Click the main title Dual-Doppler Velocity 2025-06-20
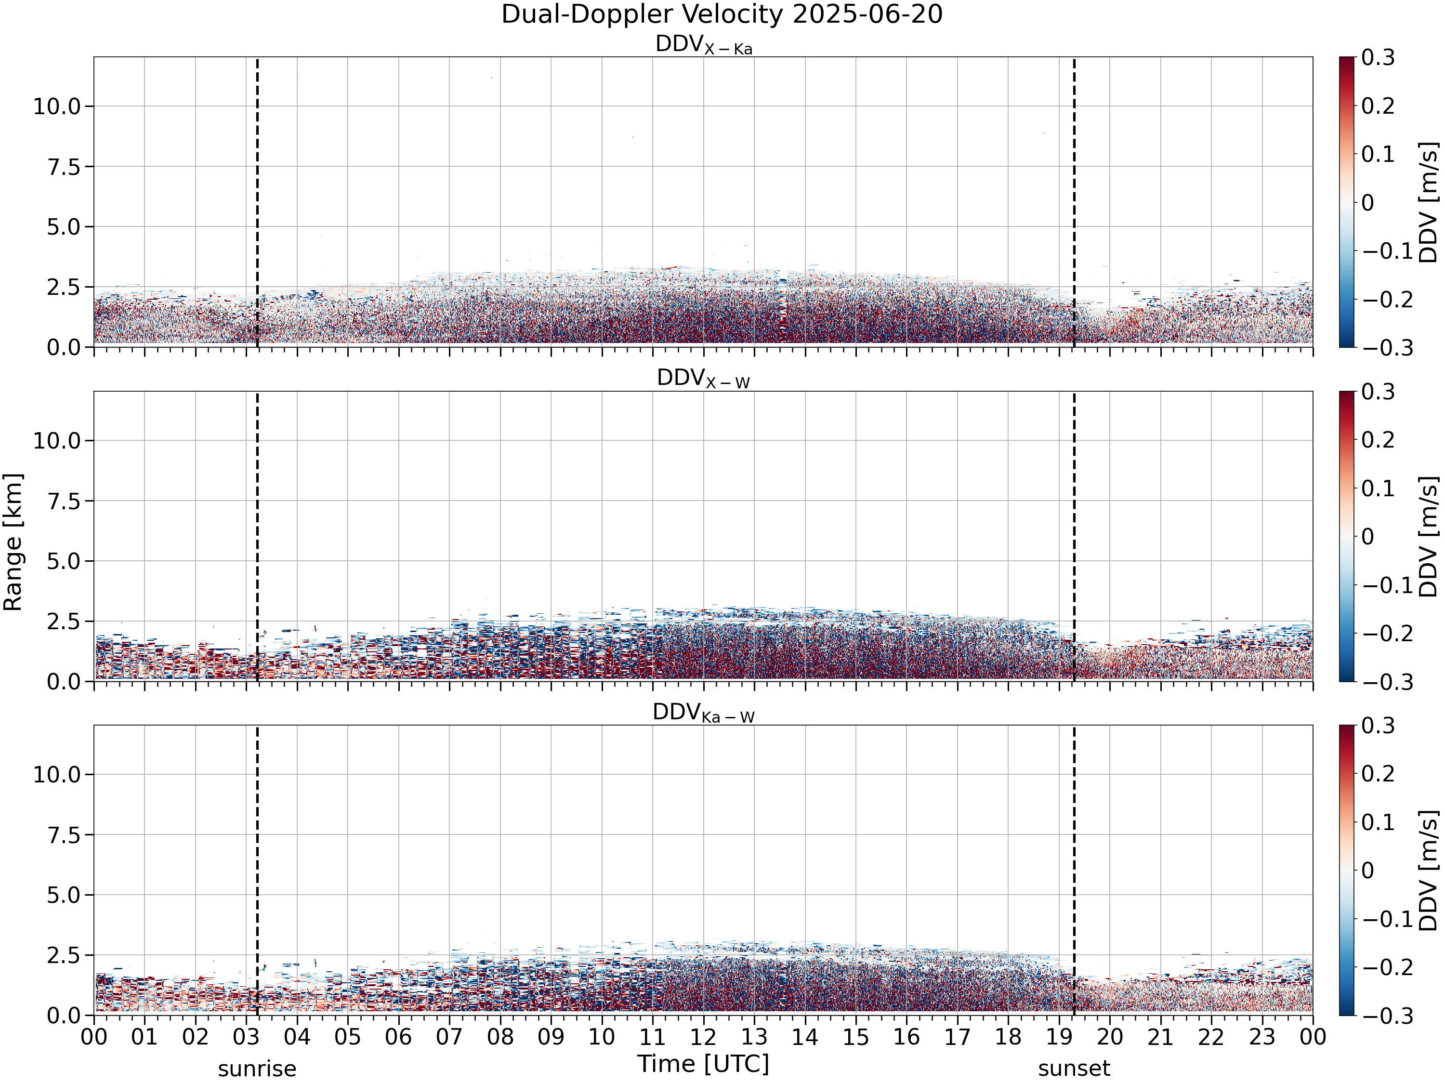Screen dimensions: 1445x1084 tap(722, 14)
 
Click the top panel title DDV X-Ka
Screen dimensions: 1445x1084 tap(704, 45)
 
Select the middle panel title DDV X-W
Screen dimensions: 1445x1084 tap(704, 379)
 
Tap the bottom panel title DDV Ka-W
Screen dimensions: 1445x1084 tap(704, 713)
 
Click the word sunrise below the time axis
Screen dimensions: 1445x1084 tap(257, 1069)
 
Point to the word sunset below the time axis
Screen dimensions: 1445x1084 tap(1074, 1069)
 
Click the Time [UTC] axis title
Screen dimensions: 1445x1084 tap(704, 1064)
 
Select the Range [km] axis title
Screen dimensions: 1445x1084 tap(13, 542)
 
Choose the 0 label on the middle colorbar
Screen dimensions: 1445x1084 tap(1368, 536)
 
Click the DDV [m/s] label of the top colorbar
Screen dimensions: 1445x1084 tap(1429, 202)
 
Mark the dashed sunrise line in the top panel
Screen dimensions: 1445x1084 tap(257, 202)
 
